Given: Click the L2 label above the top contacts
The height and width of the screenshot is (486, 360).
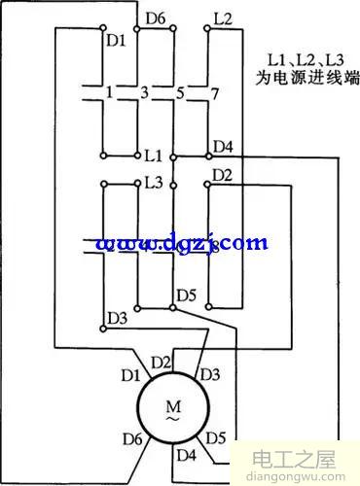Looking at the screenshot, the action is (223, 18).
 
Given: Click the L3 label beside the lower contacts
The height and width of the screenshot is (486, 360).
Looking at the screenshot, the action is (153, 182).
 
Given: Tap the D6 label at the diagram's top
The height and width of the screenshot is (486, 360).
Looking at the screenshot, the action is (155, 18).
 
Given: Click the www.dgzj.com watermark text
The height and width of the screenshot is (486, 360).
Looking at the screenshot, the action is (179, 242).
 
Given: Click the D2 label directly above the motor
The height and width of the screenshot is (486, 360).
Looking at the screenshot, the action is (164, 363).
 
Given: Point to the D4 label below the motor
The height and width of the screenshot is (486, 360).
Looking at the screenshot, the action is (186, 454).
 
